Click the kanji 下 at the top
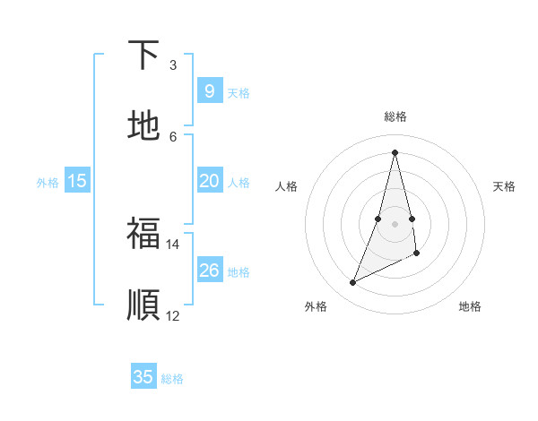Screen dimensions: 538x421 point(143,56)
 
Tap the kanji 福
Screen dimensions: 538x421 point(143,234)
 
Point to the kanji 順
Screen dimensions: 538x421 point(143,305)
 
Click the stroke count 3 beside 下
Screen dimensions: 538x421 point(173,65)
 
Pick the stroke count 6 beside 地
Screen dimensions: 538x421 point(173,136)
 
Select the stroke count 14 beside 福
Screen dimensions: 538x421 point(173,244)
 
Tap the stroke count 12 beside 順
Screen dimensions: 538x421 point(173,315)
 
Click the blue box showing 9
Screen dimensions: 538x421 point(209,91)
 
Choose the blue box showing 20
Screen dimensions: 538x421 point(209,181)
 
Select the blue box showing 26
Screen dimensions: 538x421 point(209,271)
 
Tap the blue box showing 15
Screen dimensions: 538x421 point(77,181)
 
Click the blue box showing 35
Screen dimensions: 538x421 point(143,377)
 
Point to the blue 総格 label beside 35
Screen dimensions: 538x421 point(172,379)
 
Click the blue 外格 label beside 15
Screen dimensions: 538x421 point(48,183)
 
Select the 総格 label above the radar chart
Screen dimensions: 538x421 point(395,116)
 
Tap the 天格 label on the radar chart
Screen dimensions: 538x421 point(504,186)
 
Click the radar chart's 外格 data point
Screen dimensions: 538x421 point(352,283)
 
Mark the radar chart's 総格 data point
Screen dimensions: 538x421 point(395,152)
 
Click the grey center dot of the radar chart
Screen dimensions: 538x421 point(395,223)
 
